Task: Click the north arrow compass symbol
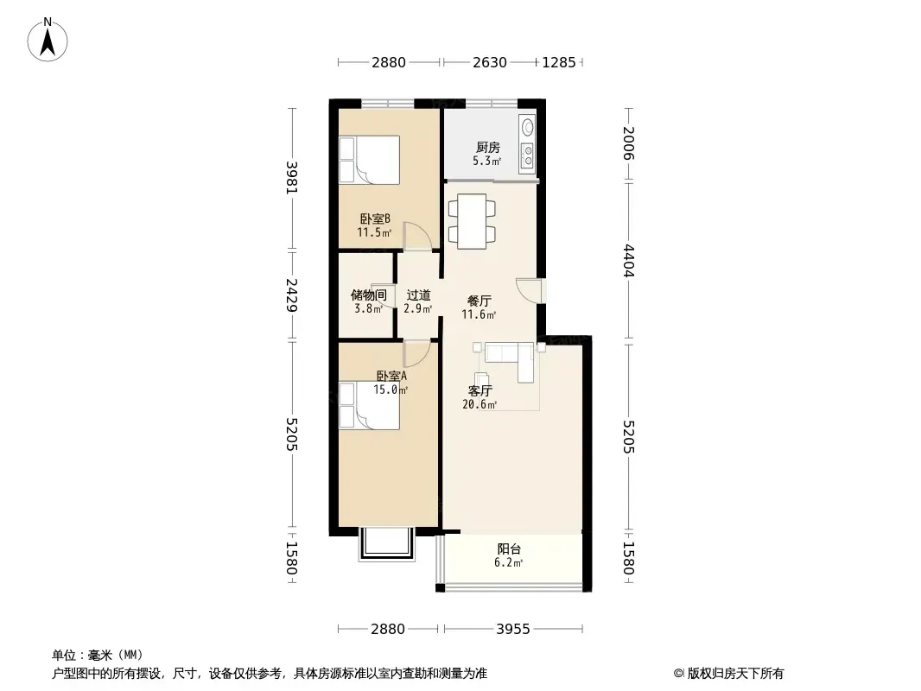[48, 40]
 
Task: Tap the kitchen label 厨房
[488, 148]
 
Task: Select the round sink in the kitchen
[528, 127]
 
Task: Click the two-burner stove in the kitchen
[528, 155]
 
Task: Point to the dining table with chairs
[472, 221]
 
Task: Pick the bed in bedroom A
[369, 406]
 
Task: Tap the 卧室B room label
[375, 219]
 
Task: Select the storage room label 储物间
[369, 295]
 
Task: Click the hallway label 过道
[418, 295]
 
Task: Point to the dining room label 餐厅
[480, 301]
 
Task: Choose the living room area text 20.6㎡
[480, 404]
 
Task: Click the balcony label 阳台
[509, 549]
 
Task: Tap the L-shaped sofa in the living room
[511, 359]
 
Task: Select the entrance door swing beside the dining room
[529, 290]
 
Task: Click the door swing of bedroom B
[417, 236]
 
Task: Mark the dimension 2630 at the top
[489, 62]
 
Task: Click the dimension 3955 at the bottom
[513, 629]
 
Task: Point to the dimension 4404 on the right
[628, 261]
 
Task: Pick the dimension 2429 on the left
[292, 295]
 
